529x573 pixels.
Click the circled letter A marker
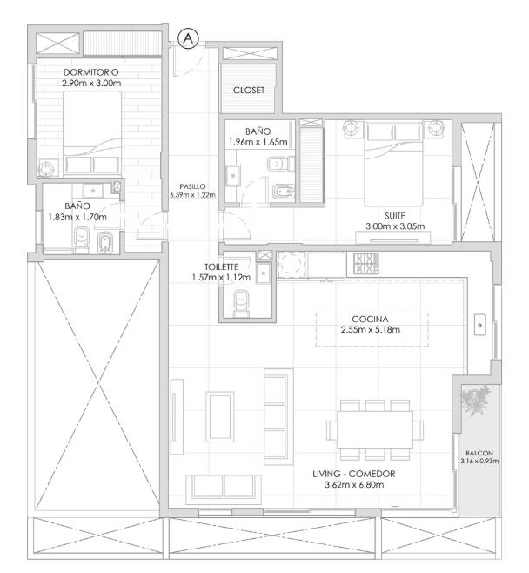tap(189, 38)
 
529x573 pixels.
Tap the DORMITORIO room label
tap(90, 72)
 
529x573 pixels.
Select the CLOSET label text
tap(249, 90)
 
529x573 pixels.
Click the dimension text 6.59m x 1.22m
tap(193, 195)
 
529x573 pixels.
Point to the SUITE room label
tap(395, 216)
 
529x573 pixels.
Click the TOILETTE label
tap(221, 266)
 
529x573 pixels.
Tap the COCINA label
tap(370, 319)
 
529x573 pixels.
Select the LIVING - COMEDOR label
tap(354, 474)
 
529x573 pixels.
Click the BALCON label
tap(479, 453)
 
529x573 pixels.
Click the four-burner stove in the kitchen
tap(365, 264)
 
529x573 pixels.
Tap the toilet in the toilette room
tap(242, 303)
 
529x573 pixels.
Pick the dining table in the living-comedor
tap(375, 430)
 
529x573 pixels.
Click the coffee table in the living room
tap(220, 416)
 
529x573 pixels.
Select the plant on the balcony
tap(476, 401)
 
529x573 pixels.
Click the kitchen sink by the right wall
tap(479, 325)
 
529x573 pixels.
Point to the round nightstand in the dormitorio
tap(46, 169)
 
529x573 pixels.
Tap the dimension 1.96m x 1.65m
tap(258, 142)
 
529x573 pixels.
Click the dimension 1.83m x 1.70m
tap(77, 217)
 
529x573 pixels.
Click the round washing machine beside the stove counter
tap(291, 264)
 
